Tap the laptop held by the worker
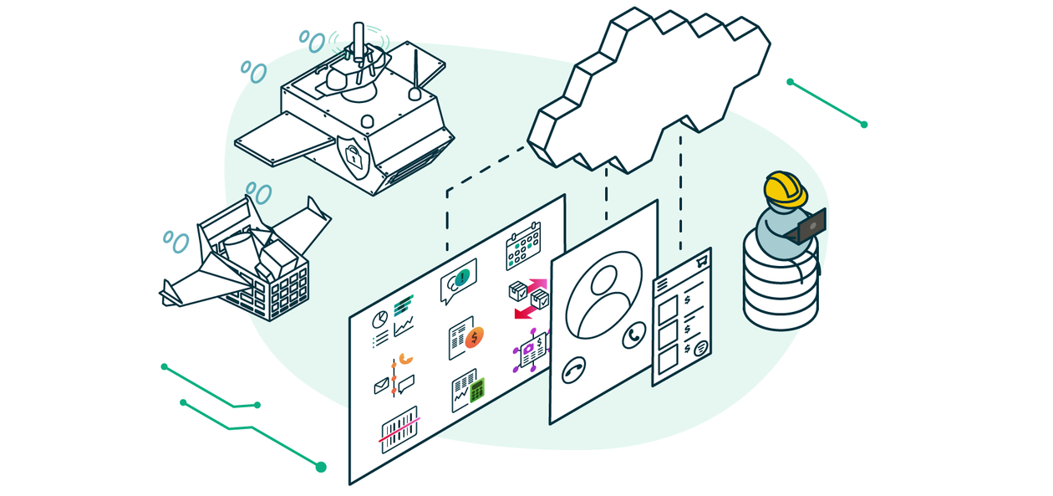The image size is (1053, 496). coord(810,226)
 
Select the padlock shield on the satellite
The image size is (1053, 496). coord(354,156)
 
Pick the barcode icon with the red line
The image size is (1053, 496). coord(399,429)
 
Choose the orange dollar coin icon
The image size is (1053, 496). coord(476,337)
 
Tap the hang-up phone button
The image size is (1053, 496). coord(573,370)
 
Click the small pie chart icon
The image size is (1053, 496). coord(379,320)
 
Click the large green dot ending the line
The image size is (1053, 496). coord(321,467)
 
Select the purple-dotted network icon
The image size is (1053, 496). coord(532,350)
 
